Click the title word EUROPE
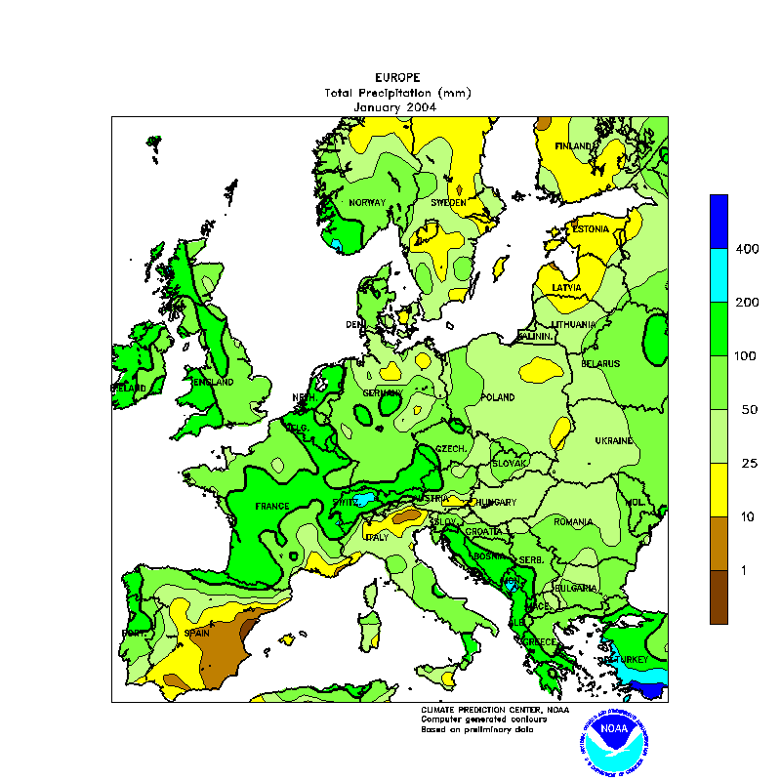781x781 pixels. click(397, 77)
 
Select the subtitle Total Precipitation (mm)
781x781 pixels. click(397, 93)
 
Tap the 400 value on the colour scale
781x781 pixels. click(747, 250)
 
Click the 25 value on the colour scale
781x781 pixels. click(750, 463)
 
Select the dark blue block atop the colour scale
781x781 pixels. click(719, 220)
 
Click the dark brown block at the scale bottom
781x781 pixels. click(719, 596)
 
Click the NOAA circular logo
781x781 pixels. click(613, 740)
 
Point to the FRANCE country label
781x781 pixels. click(272, 506)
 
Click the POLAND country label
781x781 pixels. click(498, 398)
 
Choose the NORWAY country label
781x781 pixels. click(367, 203)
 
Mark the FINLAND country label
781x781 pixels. click(574, 146)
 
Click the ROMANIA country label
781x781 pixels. click(573, 522)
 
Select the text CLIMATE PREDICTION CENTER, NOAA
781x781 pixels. click(494, 710)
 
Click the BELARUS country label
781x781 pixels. click(600, 363)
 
